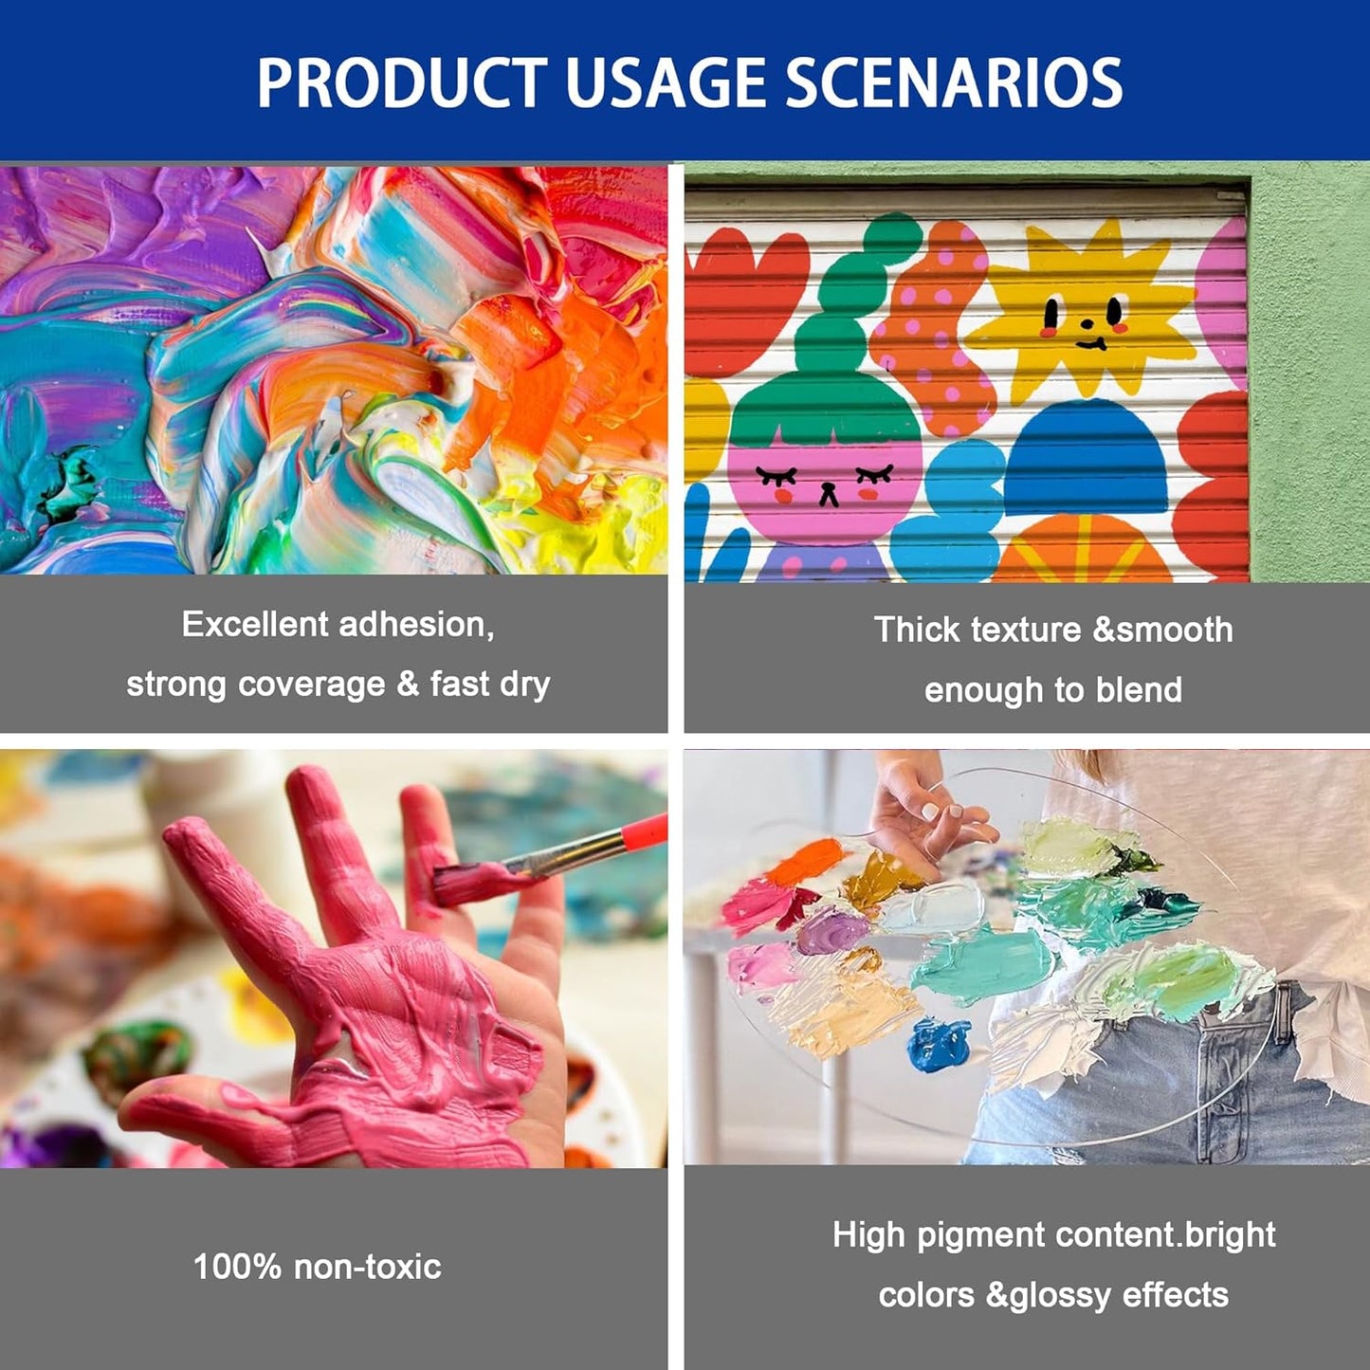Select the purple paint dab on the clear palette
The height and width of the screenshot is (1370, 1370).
point(831,931)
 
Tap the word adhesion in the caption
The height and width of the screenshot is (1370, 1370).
point(416,625)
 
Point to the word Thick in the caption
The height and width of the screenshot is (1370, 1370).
point(917,630)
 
